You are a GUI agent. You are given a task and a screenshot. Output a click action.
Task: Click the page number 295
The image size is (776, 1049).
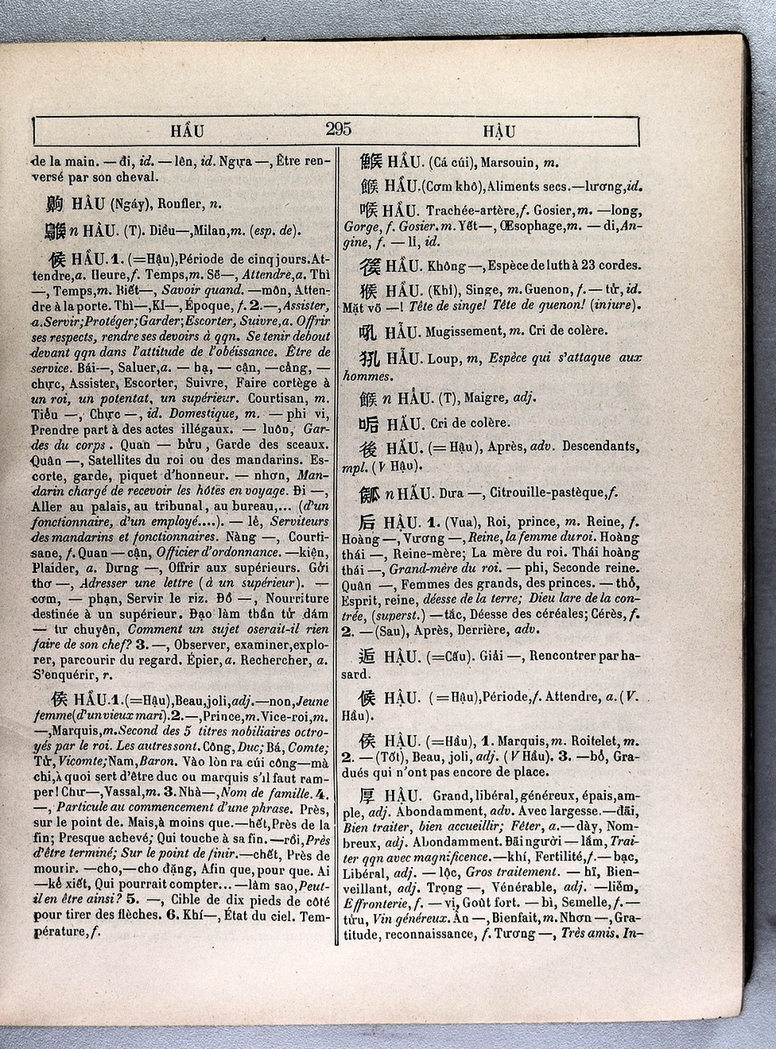[338, 130]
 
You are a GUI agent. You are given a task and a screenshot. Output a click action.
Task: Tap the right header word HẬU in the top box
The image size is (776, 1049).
[499, 132]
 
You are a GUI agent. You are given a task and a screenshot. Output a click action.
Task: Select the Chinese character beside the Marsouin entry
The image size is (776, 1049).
[371, 162]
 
